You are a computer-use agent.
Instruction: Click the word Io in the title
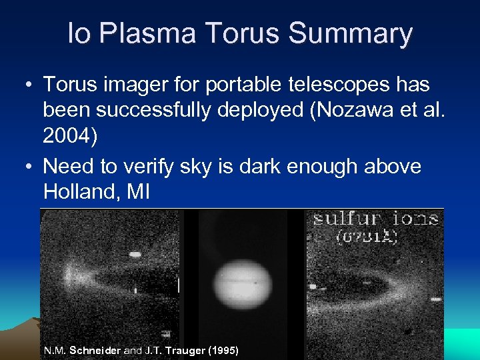tap(79, 33)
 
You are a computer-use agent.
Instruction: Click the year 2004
tap(70, 136)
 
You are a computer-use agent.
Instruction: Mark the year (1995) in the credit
tap(223, 351)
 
